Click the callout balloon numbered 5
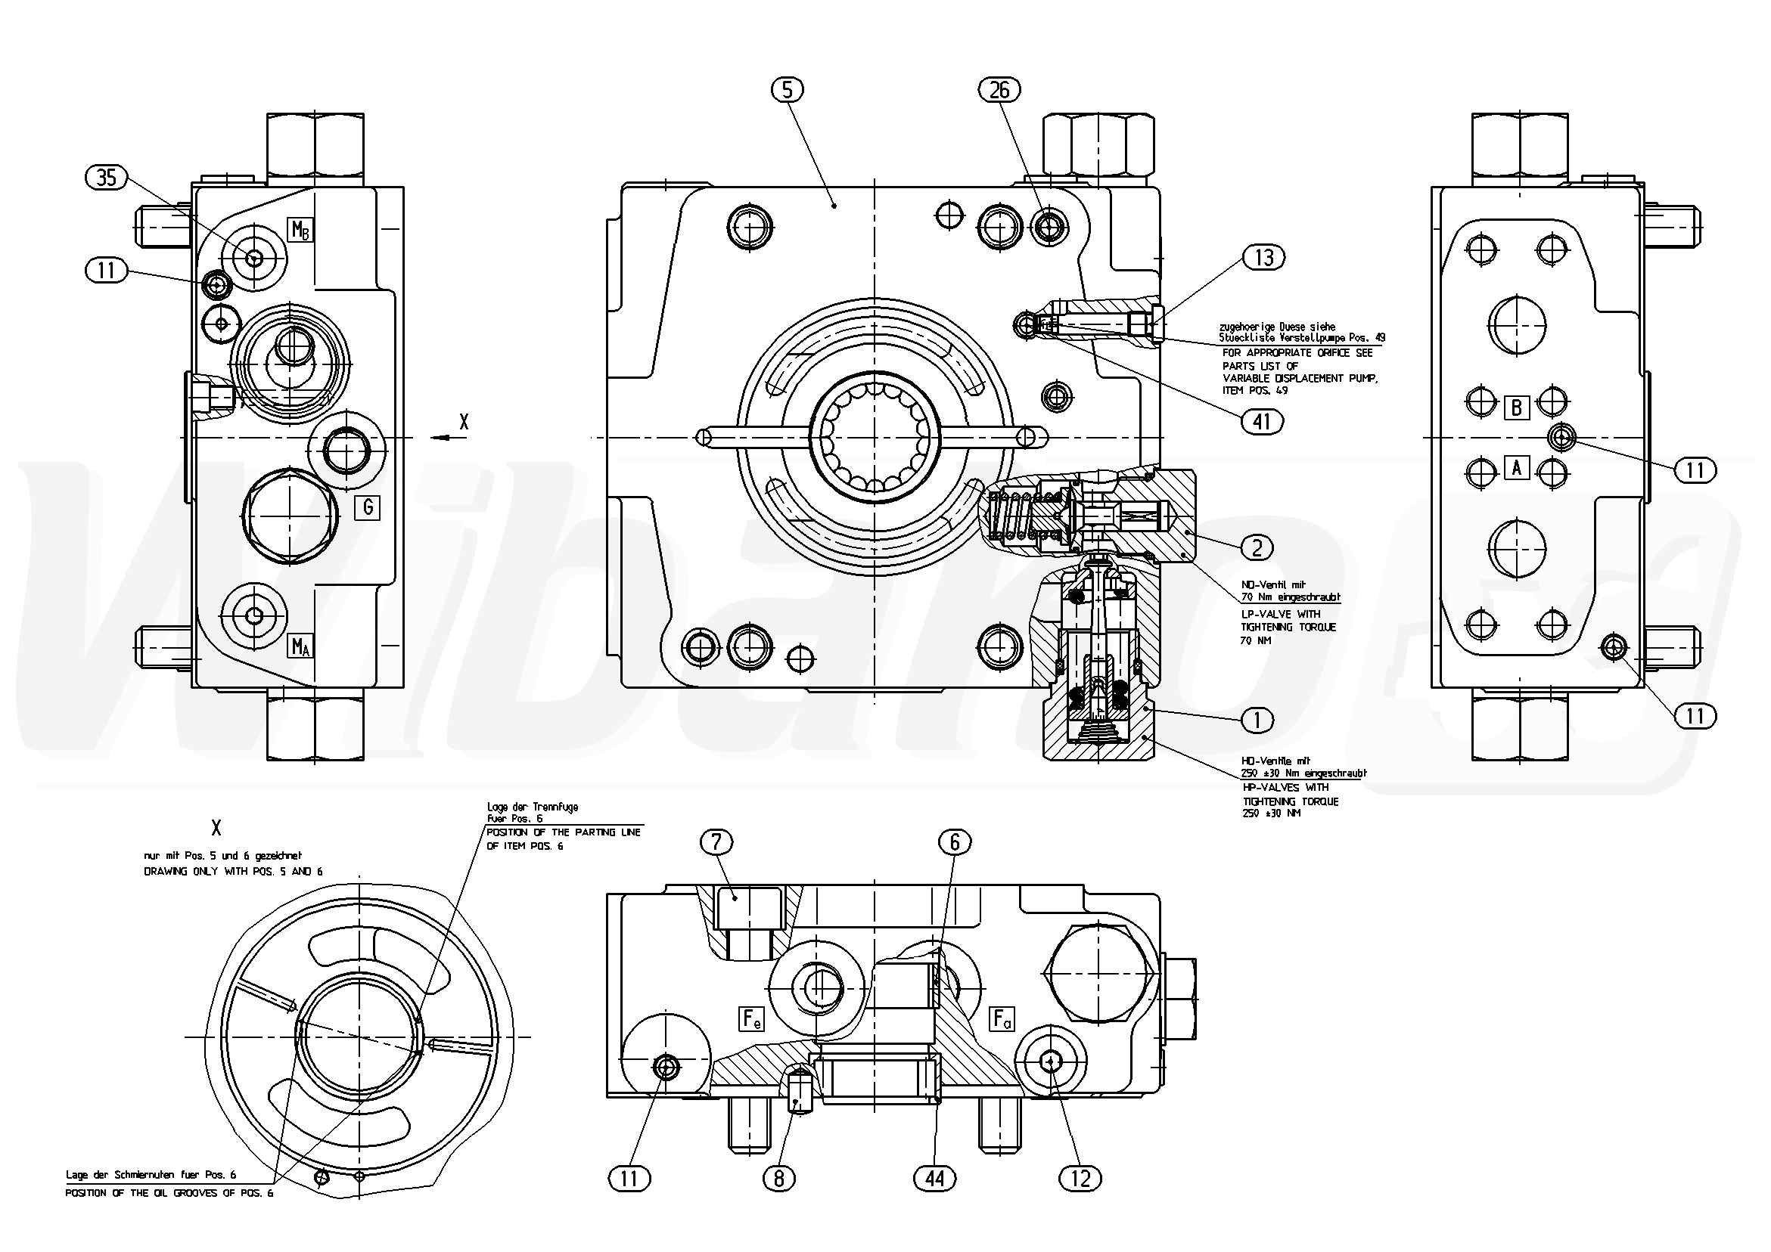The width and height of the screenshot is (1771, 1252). tap(787, 90)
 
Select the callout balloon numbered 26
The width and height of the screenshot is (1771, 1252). tap(999, 90)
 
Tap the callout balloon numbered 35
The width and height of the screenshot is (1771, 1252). tap(107, 178)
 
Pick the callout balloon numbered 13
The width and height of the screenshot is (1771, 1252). tap(1263, 258)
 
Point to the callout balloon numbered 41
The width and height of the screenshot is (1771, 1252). tap(1262, 421)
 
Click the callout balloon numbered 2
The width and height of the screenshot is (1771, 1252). tap(1257, 547)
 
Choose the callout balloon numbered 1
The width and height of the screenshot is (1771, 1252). tap(1257, 720)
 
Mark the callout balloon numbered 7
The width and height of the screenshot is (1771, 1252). tap(716, 843)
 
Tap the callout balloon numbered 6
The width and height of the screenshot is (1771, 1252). tap(955, 843)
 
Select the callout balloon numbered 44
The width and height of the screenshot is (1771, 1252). tap(934, 1178)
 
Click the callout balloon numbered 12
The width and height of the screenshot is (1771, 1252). tap(1080, 1178)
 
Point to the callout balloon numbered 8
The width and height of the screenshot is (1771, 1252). tap(778, 1178)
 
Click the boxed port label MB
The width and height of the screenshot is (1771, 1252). tap(300, 230)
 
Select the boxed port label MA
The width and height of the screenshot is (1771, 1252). tap(300, 646)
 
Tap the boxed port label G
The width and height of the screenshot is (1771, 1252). tap(367, 507)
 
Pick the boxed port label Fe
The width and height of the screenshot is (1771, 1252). tap(751, 1019)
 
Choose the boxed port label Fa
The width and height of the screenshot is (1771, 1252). tap(1001, 1019)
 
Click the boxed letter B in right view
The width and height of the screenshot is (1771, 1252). tap(1517, 407)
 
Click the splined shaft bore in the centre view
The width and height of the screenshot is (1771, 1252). tap(875, 437)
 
